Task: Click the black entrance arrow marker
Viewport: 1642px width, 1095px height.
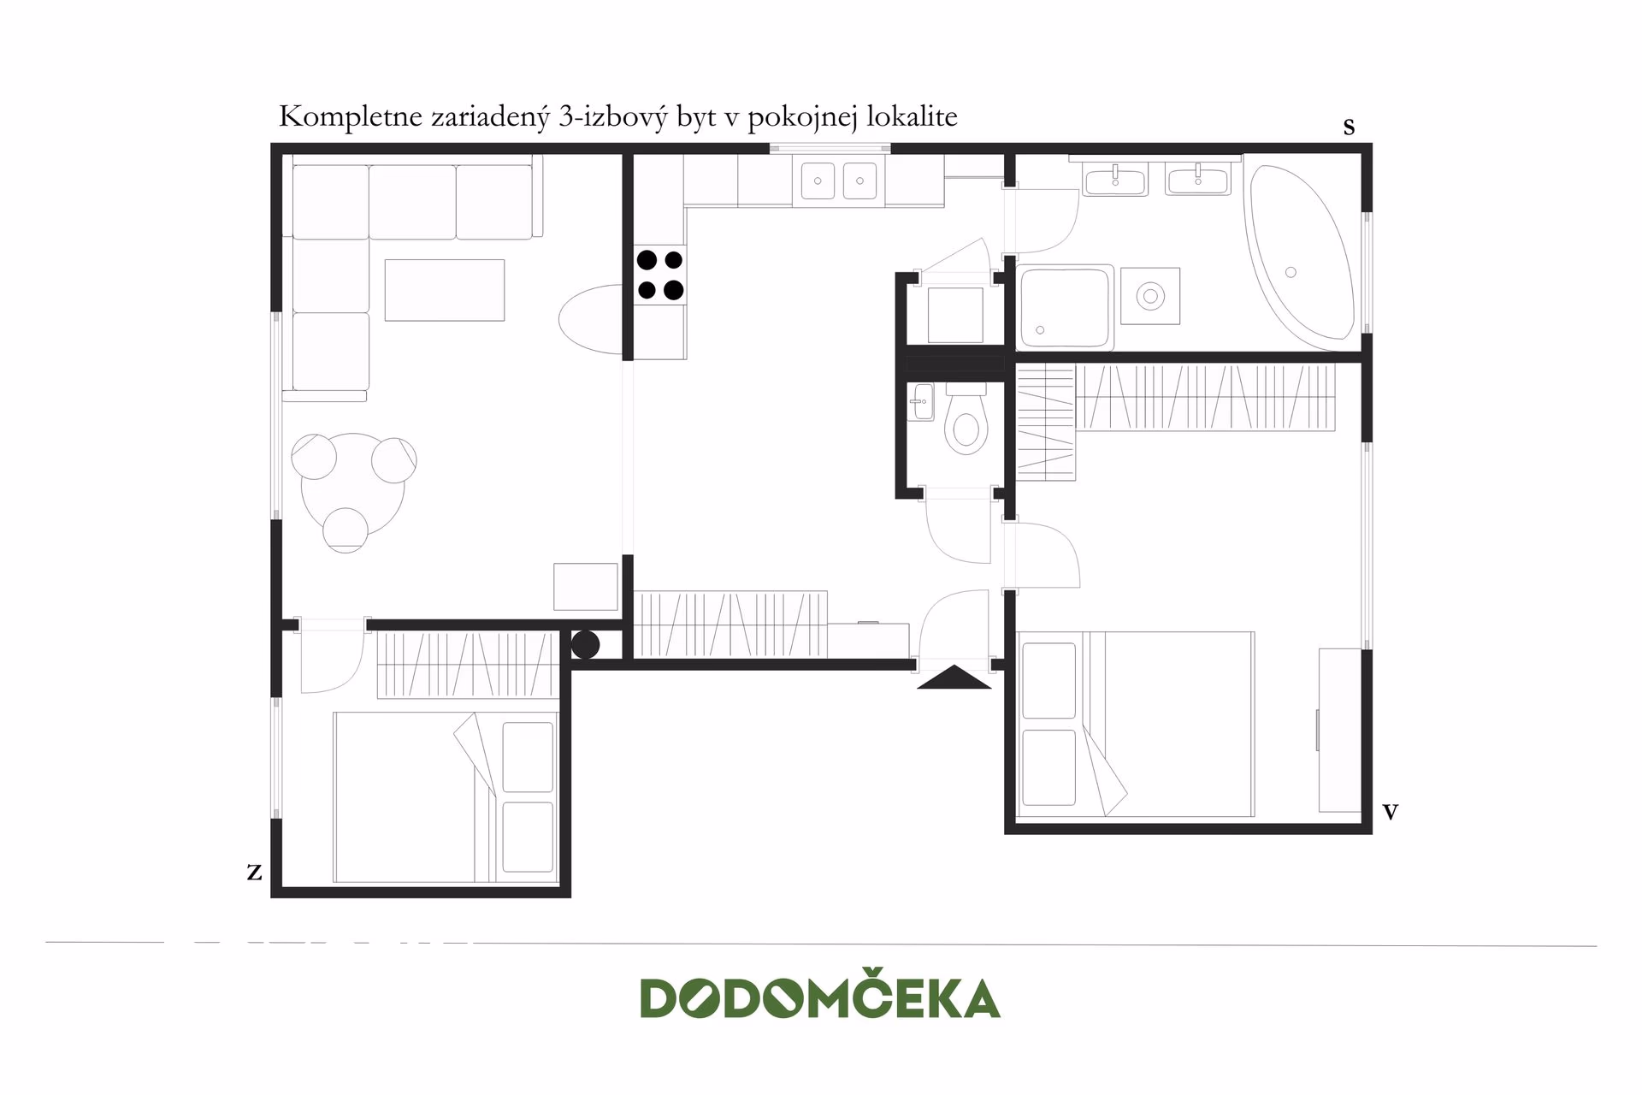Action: point(954,678)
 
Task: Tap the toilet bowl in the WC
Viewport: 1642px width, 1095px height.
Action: point(966,419)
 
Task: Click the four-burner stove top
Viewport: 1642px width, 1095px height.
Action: point(660,275)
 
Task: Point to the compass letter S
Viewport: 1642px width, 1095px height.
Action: point(1349,127)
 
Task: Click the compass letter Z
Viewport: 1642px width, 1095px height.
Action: point(254,872)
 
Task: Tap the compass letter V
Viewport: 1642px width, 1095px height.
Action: point(1390,812)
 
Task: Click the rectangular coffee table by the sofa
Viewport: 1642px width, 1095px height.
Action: point(444,290)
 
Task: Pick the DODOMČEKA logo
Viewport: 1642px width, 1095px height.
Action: point(820,997)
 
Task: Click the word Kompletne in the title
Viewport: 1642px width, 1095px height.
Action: point(351,117)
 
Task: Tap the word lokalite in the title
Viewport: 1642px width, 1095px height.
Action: point(912,116)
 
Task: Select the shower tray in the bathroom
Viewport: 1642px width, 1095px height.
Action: point(1066,306)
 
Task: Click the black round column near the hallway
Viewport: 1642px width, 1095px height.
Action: point(585,644)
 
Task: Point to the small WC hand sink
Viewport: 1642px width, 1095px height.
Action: point(922,401)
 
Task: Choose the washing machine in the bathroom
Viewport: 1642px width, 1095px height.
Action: point(1150,296)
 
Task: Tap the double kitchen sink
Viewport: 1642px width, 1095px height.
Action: point(839,181)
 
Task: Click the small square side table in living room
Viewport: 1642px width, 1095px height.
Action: point(586,586)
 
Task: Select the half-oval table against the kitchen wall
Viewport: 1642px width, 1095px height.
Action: point(591,319)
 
